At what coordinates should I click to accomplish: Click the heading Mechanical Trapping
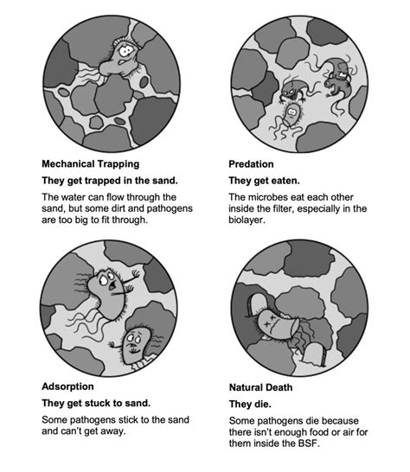(x=90, y=164)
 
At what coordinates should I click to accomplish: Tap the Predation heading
(x=251, y=164)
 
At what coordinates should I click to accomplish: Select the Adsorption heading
(x=67, y=386)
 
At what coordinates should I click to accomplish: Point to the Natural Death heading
(x=260, y=387)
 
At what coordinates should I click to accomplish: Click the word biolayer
(x=246, y=220)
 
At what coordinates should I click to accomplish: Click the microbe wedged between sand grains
(x=119, y=60)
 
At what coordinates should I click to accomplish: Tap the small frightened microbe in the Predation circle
(x=291, y=116)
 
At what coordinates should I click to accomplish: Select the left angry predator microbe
(x=294, y=90)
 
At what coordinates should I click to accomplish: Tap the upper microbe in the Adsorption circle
(x=107, y=294)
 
